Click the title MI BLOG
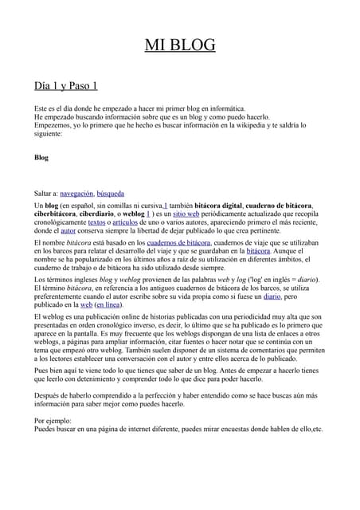pyautogui.click(x=180, y=45)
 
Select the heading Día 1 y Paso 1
pyautogui.click(x=65, y=85)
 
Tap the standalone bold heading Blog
pyautogui.click(x=41, y=158)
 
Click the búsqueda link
pyautogui.click(x=110, y=194)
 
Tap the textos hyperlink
pyautogui.click(x=96, y=223)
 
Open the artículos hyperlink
pyautogui.click(x=126, y=223)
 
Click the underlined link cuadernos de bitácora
pyautogui.click(x=178, y=241)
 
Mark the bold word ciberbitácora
pyautogui.click(x=55, y=214)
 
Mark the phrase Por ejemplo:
pyautogui.click(x=53, y=419)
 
